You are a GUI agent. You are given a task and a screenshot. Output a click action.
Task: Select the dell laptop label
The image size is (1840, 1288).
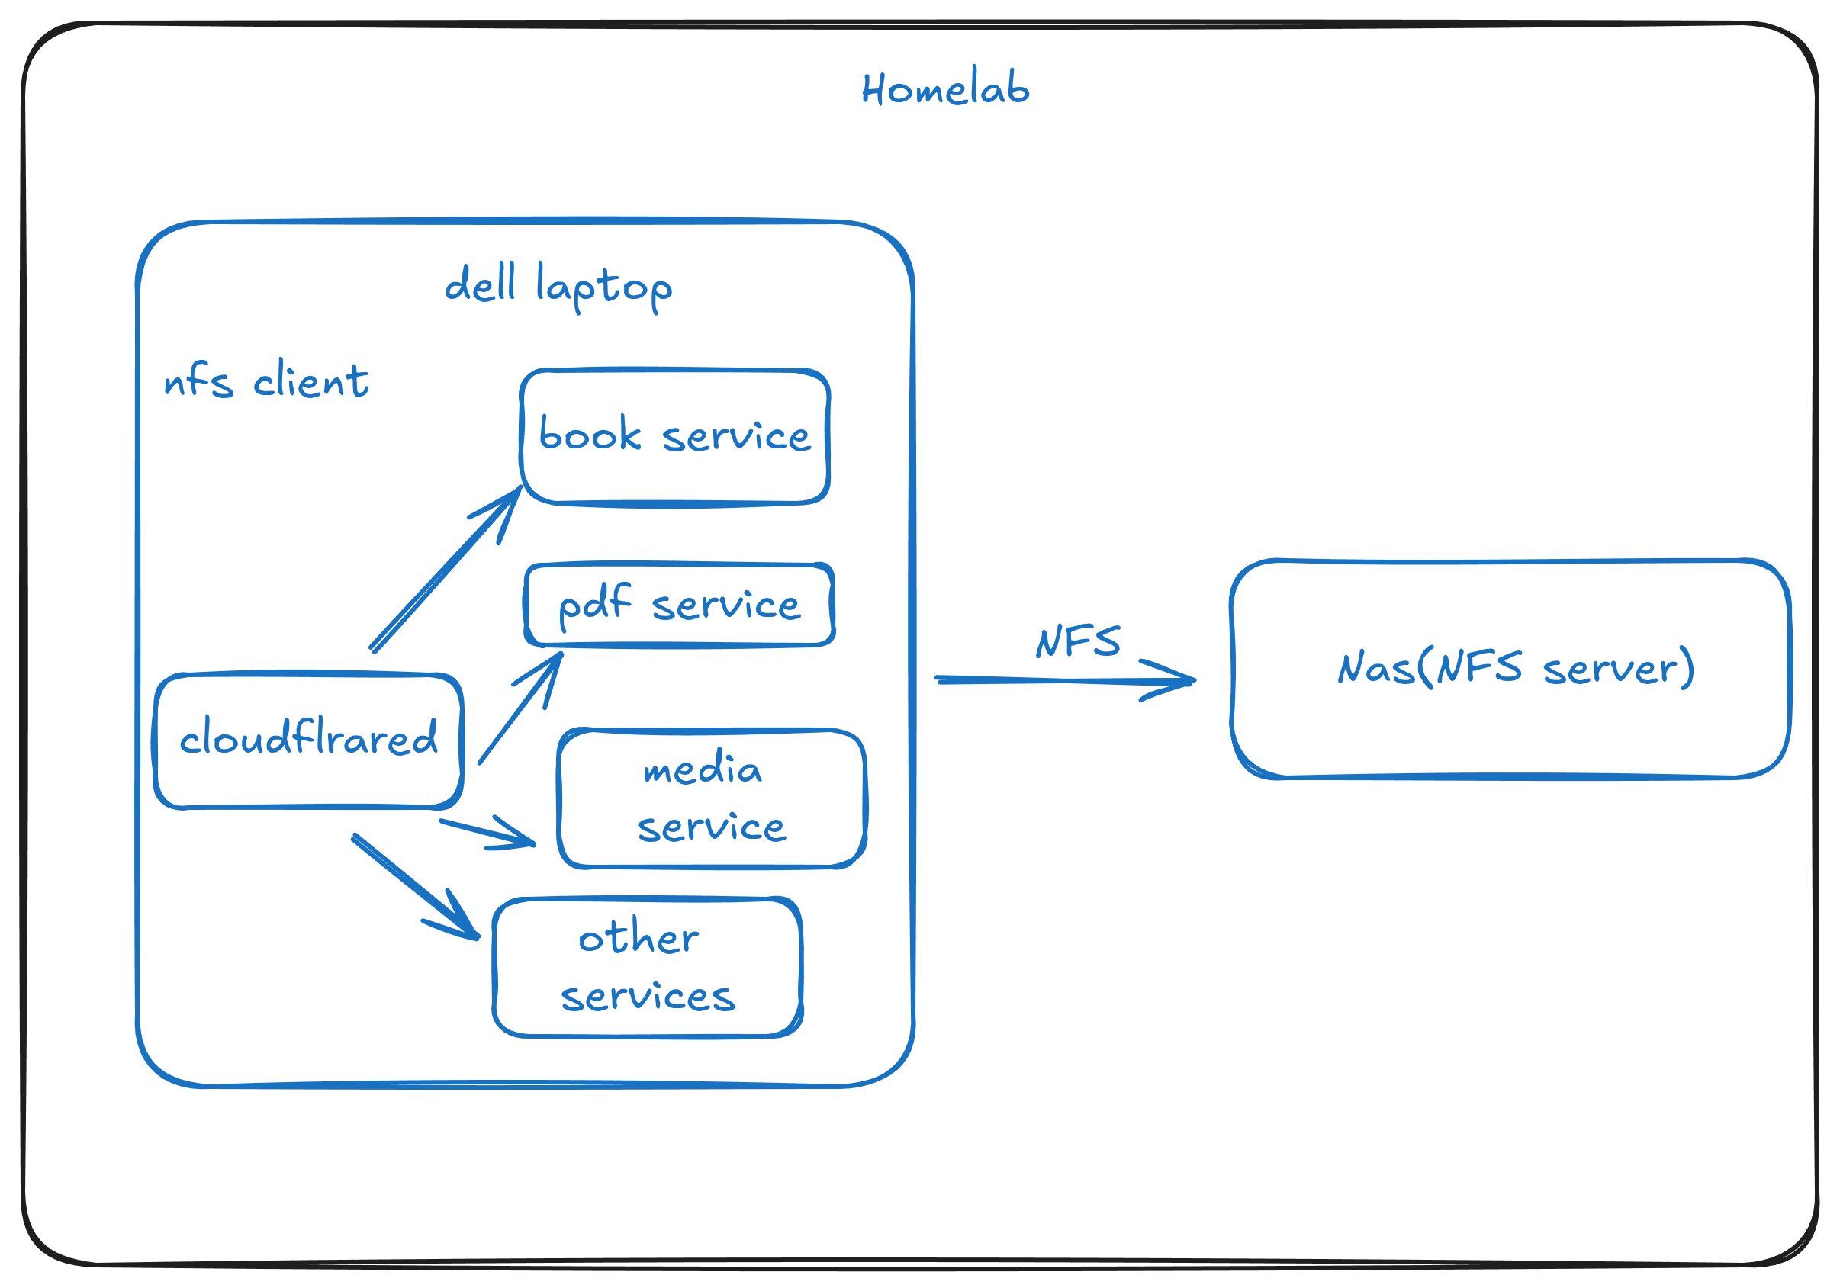coord(558,286)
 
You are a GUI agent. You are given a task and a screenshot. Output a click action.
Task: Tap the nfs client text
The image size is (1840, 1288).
coord(266,381)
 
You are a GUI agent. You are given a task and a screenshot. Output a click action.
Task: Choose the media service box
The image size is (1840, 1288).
coord(712,797)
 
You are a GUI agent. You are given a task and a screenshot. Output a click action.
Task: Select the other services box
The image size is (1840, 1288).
coord(648,967)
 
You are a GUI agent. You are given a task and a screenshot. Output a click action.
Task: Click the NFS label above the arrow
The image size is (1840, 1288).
coord(1078,641)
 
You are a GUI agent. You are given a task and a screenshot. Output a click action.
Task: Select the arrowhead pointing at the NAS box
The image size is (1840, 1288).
coord(1178,680)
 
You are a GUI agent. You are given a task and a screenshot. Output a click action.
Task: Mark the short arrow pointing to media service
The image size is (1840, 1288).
coord(490,834)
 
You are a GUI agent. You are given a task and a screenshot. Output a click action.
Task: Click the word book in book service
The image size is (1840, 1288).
coord(590,435)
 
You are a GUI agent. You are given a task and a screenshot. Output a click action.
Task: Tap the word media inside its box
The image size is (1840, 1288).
coord(702,768)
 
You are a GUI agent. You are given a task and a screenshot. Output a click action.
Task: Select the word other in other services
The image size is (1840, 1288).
coord(638,936)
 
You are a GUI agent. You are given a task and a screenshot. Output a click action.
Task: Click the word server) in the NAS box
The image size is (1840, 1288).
coord(1618,668)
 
